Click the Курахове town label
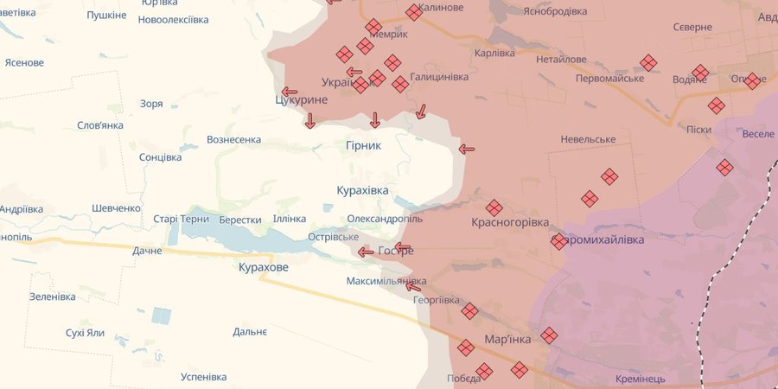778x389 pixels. point(264,268)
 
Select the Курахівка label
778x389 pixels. point(362,190)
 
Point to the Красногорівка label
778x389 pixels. point(510,223)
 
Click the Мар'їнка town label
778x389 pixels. point(507,340)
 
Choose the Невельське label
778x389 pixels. point(588,139)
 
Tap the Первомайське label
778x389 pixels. point(610,79)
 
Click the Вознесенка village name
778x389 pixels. point(233,139)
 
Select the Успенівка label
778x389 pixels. point(203,377)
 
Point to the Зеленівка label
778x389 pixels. point(53,297)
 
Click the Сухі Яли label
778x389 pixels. point(85,333)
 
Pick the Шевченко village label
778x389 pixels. point(116,208)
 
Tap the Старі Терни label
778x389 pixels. point(181,220)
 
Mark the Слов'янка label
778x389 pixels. point(100,125)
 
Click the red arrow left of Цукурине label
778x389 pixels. point(289,91)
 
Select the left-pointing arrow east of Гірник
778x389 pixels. point(467,149)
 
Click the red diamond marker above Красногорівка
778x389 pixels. point(494,208)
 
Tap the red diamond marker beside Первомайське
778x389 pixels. point(648,63)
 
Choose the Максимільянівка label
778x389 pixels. point(386,282)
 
